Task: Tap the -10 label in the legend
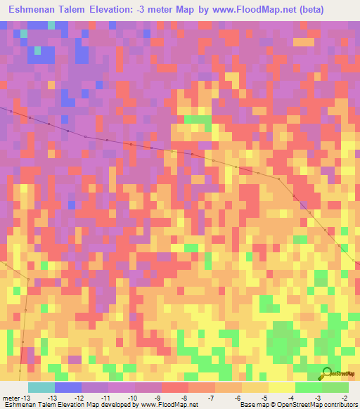(122, 398)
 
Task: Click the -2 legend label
(344, 398)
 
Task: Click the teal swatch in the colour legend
(41, 387)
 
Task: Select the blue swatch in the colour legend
(67, 387)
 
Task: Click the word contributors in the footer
(339, 405)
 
